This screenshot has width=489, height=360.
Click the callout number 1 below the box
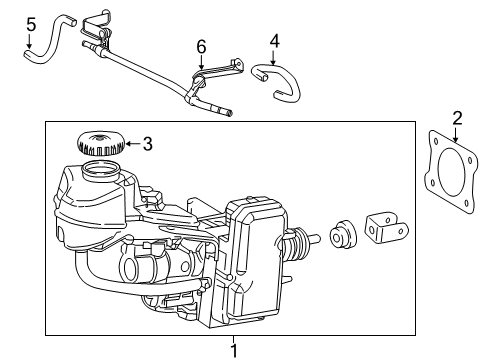(x=236, y=350)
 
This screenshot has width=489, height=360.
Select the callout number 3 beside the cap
(x=147, y=144)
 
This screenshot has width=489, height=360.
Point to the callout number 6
(x=201, y=47)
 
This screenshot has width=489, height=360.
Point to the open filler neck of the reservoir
(x=99, y=169)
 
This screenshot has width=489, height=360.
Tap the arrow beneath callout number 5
(x=30, y=42)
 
